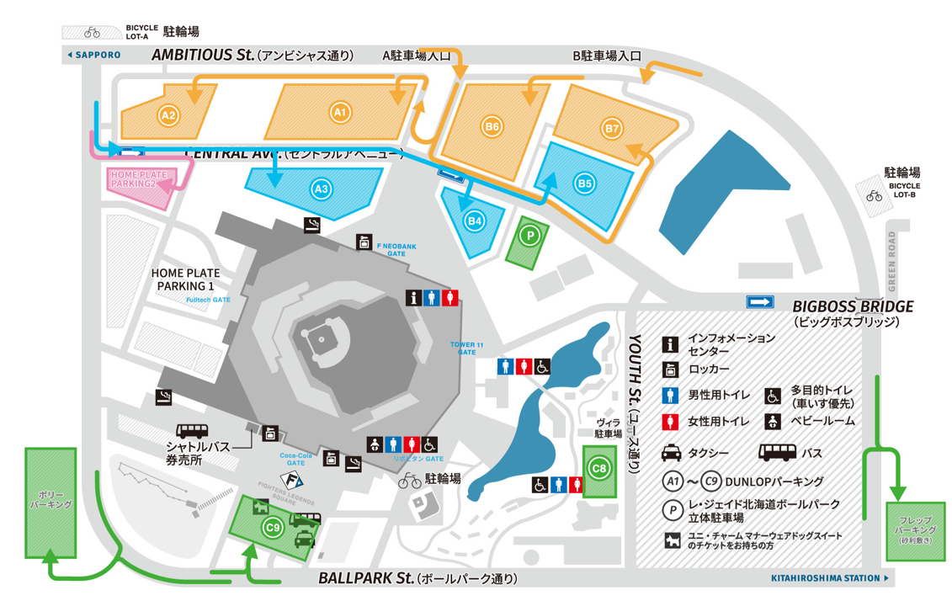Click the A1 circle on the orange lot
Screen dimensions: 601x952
coord(339,111)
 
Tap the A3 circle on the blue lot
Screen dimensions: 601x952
coord(321,189)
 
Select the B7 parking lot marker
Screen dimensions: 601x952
coord(612,129)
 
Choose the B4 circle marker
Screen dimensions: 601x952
coord(476,221)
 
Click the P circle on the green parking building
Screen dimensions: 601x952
coord(529,237)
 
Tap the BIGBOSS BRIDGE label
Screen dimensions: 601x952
coord(853,306)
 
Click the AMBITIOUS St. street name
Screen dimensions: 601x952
coord(202,56)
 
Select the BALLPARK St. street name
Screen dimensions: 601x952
coord(367,579)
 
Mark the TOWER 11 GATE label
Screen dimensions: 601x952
coord(467,348)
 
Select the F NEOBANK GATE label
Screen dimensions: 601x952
coord(391,248)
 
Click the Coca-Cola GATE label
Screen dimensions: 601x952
coord(295,459)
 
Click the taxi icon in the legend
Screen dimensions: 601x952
coord(671,453)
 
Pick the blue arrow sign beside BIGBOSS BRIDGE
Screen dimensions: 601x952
coord(760,302)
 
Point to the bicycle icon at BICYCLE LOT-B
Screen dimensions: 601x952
coord(875,196)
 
